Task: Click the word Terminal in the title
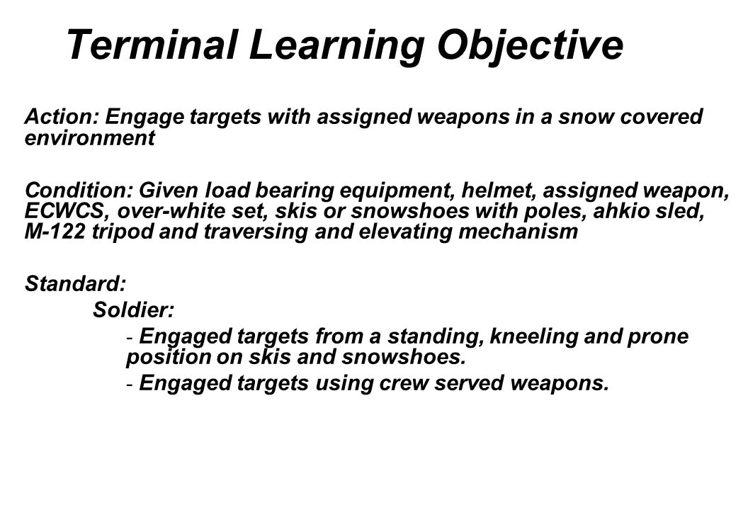pos(152,45)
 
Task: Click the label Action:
pos(61,116)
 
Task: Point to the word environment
pos(90,138)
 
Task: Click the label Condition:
pos(79,190)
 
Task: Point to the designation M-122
pos(55,232)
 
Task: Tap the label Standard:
pos(75,283)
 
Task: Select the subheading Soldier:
pos(134,310)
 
